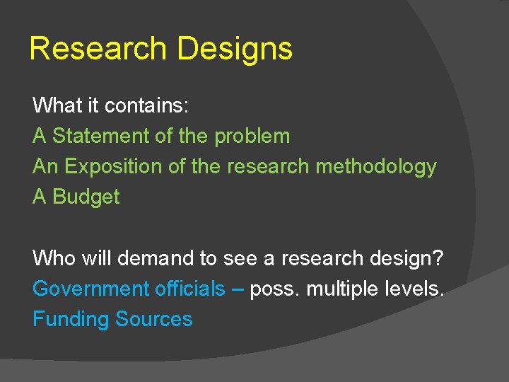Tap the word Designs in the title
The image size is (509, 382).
[x=235, y=50]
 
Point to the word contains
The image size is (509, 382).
[x=146, y=106]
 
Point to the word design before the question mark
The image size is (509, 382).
[x=401, y=259]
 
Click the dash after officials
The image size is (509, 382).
[x=238, y=289]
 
